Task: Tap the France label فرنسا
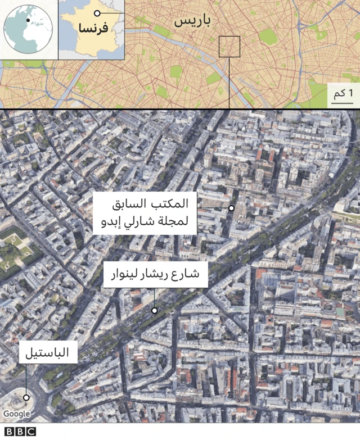[93, 29]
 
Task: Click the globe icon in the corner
[28, 29]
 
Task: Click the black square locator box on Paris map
[229, 47]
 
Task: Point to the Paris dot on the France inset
[97, 13]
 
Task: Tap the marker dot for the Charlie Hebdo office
[231, 208]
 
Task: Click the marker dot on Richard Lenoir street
[154, 310]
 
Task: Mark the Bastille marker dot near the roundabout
[26, 397]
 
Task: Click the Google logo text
[16, 414]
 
